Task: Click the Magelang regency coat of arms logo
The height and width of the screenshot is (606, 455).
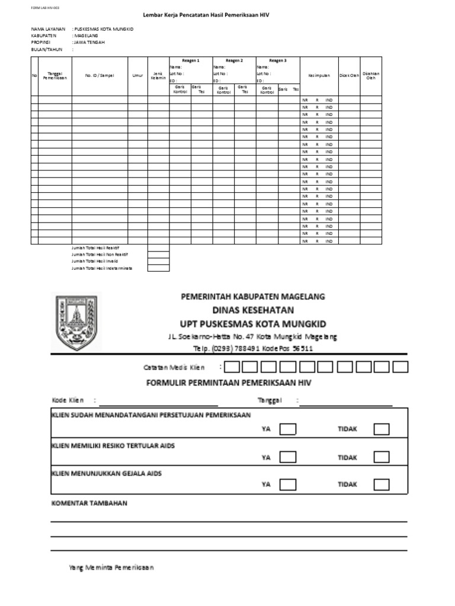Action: tap(75, 322)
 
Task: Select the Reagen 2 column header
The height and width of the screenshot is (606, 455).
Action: tap(234, 60)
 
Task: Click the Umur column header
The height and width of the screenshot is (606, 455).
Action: tap(137, 76)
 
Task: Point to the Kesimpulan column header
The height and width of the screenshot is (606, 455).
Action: tap(319, 76)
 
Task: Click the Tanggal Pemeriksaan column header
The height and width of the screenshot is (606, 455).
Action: tap(55, 76)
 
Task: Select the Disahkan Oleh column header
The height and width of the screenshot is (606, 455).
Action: tap(371, 76)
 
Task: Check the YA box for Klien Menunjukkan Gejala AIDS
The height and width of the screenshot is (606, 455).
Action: tap(288, 485)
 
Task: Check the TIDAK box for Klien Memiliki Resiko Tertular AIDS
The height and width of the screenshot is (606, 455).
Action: tap(382, 457)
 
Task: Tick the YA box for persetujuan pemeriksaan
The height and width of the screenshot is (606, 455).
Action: tap(288, 429)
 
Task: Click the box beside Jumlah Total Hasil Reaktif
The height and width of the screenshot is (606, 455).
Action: tap(158, 248)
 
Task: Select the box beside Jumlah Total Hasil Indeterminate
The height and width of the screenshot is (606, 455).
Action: tap(158, 268)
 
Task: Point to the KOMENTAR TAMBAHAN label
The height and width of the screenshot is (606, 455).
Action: tap(88, 503)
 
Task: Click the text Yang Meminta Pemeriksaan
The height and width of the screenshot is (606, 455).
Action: tap(111, 568)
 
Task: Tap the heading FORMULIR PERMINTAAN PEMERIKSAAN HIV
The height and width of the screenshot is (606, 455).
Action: tap(229, 383)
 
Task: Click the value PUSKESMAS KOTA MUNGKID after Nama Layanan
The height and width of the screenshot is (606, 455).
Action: tap(104, 29)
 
